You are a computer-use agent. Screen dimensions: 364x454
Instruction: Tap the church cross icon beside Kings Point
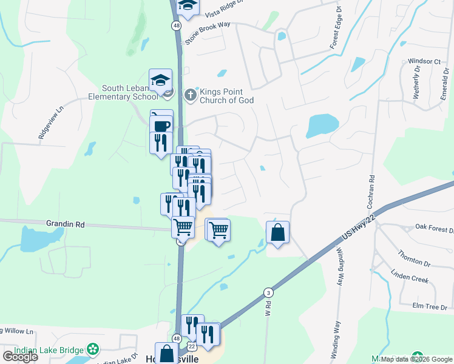click(191, 95)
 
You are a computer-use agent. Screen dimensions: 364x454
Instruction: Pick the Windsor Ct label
click(424, 61)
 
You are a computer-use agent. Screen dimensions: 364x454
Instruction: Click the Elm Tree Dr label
click(429, 307)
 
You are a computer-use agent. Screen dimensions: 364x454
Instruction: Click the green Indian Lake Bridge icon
click(92, 349)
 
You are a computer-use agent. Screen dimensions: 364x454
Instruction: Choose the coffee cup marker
click(161, 126)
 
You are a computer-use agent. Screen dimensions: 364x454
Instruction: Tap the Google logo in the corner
click(19, 357)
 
